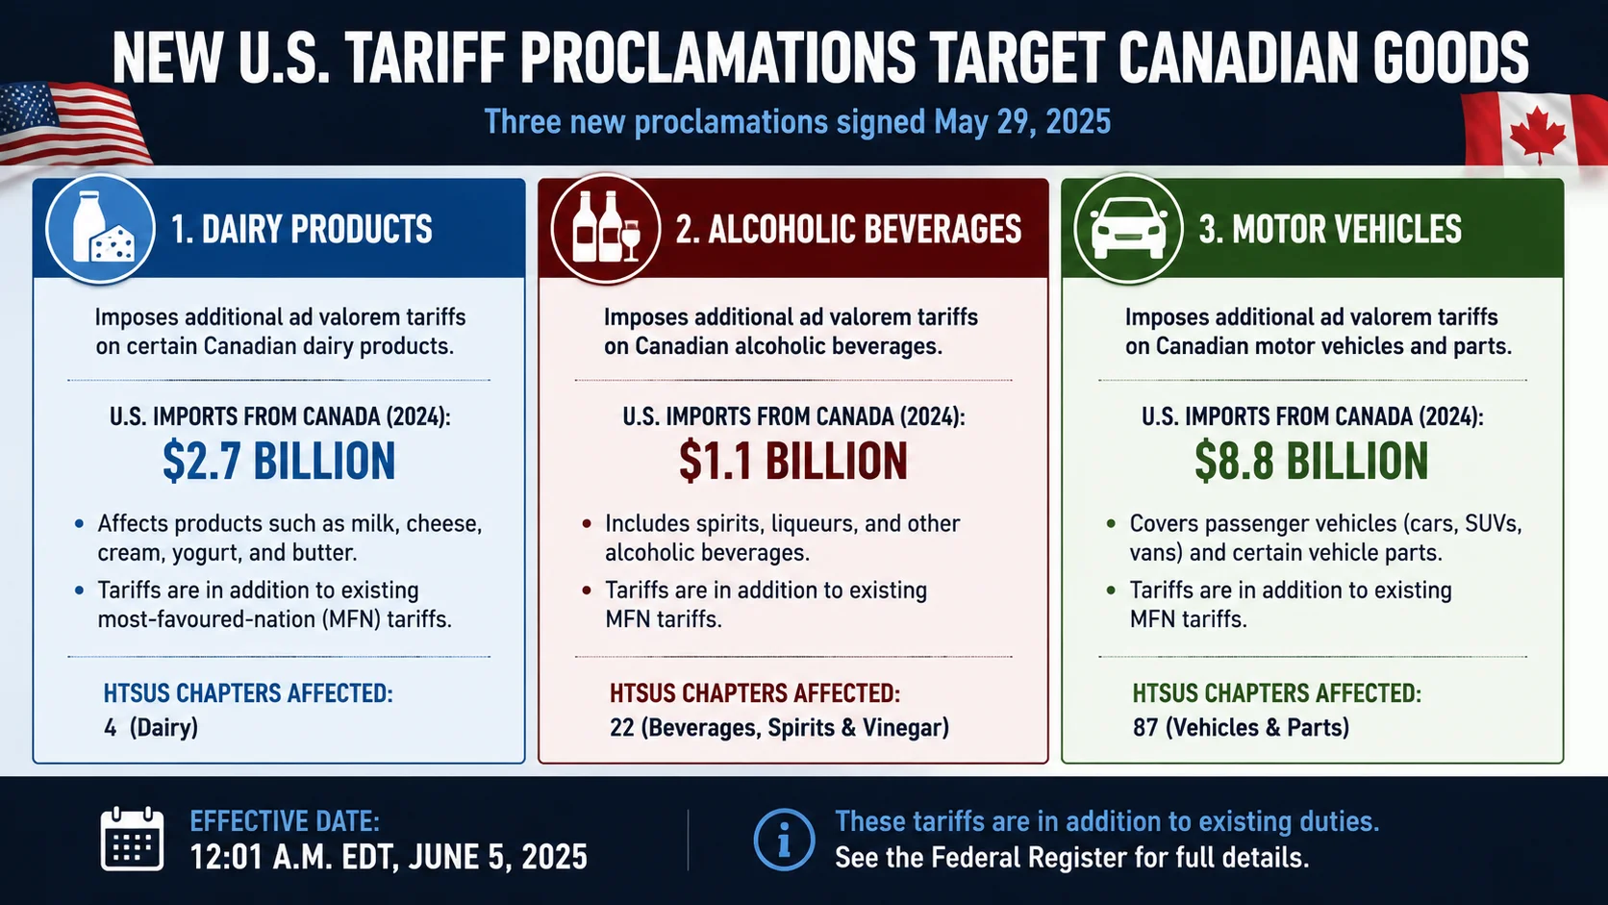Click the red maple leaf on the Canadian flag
pos(1537,135)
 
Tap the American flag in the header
pos(72,123)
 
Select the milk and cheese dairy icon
pos(100,229)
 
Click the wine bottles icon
pos(606,229)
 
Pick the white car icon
pos(1128,229)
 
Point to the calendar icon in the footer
pos(132,839)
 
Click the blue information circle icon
pos(784,840)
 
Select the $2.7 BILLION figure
pos(279,461)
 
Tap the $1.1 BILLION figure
pos(793,461)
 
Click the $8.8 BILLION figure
pos(1312,461)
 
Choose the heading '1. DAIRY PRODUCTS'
pos(302,230)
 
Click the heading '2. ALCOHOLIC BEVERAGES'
pos(848,230)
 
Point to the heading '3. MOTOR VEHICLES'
pos(1330,230)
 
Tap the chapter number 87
pos(1145,728)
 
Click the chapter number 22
pos(621,728)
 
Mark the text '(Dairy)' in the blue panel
pos(163,728)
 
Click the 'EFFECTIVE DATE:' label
pos(285,821)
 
